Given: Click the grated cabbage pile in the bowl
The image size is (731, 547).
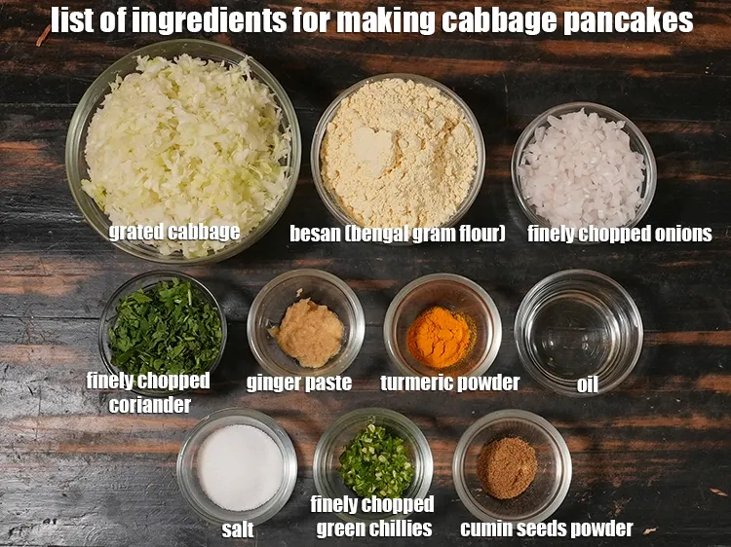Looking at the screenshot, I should [x=185, y=146].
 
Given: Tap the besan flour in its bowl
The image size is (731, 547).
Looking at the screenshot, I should [x=399, y=156].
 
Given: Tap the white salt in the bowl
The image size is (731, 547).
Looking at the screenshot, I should [x=240, y=466].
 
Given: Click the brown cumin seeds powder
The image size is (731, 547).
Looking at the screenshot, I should [x=507, y=465].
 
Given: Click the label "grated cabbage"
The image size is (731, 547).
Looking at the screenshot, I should [x=173, y=232].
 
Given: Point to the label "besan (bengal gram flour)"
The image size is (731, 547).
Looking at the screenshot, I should [x=397, y=234].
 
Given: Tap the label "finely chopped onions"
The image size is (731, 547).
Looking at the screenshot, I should [x=619, y=234].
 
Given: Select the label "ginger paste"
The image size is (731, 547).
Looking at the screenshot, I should [x=298, y=383].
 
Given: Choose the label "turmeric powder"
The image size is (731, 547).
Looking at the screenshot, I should [x=449, y=383].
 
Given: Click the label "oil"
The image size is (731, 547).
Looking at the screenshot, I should [x=587, y=384].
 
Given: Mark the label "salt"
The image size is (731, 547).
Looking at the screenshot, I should [x=238, y=529].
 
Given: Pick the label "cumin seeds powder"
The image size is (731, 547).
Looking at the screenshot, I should [x=546, y=529].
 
